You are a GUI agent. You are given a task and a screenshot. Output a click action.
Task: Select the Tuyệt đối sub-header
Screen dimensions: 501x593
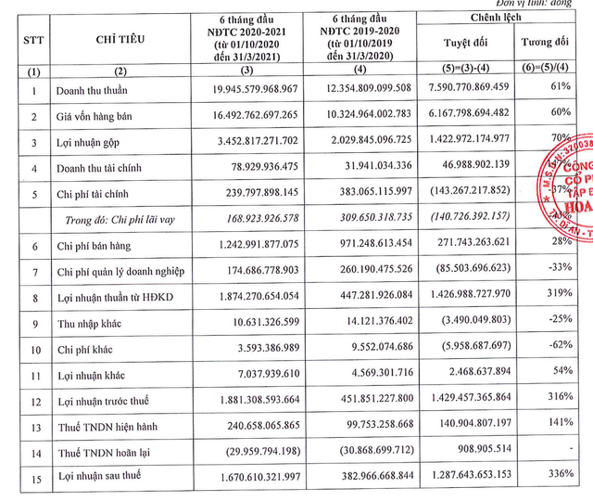tap(464, 43)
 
